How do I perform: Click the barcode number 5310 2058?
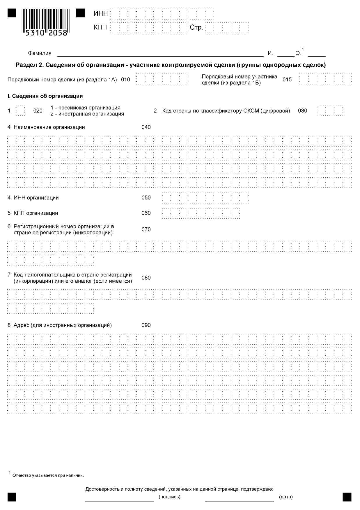click(x=46, y=33)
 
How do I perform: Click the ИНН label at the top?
click(x=101, y=14)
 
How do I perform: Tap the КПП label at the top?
click(x=100, y=27)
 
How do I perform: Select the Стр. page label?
click(x=196, y=27)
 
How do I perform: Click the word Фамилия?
click(x=40, y=53)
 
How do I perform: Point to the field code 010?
click(x=125, y=80)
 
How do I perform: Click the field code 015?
click(x=287, y=80)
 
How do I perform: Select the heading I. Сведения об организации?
click(x=45, y=96)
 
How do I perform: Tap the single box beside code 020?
click(x=20, y=110)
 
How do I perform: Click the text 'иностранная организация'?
click(x=91, y=114)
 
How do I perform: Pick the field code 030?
click(x=302, y=111)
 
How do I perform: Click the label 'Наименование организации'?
click(x=49, y=127)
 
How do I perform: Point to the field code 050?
click(x=146, y=198)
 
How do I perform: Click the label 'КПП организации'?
click(x=36, y=213)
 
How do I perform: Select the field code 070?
click(x=146, y=229)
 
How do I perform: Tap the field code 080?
click(x=146, y=278)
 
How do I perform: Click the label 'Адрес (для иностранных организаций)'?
click(x=63, y=325)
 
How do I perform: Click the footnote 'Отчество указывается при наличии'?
click(x=48, y=475)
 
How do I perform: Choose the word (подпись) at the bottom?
click(x=169, y=497)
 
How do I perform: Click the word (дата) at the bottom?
click(x=286, y=497)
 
